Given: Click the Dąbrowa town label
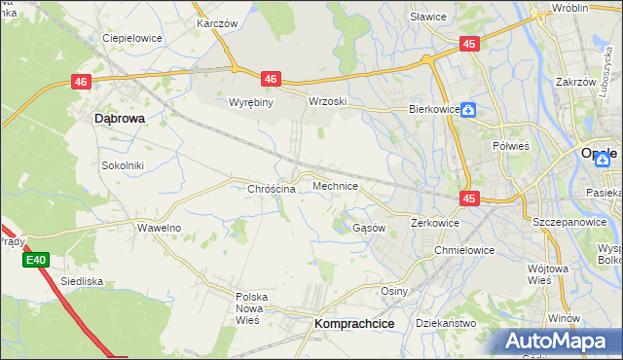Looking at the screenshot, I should [120, 118].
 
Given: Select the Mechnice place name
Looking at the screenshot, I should [335, 185].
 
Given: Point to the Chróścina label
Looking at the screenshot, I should [272, 189].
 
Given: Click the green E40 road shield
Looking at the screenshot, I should [36, 260].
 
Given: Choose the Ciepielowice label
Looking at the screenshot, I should [132, 39].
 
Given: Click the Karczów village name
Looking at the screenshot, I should [216, 21].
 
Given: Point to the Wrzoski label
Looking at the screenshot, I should [327, 101].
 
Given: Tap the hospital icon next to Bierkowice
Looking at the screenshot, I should [468, 110].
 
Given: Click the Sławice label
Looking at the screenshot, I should [427, 17].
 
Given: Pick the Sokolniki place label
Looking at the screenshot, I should [123, 165].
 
